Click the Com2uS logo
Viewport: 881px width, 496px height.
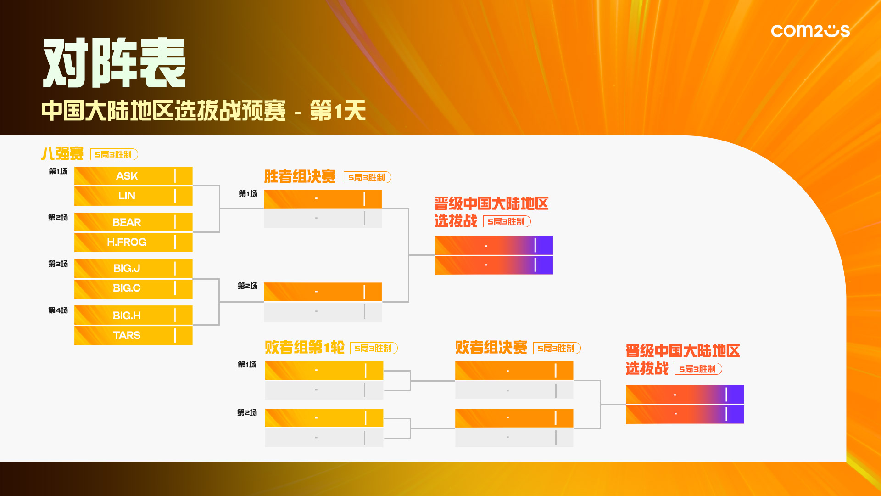click(810, 31)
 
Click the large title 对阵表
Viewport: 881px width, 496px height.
click(114, 63)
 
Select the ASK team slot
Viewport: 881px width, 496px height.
click(134, 176)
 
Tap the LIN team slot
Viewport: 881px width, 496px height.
click(134, 196)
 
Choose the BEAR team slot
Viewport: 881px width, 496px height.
click(134, 222)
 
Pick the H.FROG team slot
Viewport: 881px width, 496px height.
click(134, 242)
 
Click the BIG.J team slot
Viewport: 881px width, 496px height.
click(134, 269)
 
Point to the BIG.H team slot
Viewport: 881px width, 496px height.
click(134, 315)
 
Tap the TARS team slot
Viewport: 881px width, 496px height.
click(134, 335)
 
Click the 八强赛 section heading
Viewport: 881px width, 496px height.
click(62, 153)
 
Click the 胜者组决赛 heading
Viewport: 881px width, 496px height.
click(300, 176)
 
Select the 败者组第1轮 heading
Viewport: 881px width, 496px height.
click(305, 347)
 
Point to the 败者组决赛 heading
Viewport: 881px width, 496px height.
click(491, 347)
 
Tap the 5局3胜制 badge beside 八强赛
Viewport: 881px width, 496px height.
click(114, 154)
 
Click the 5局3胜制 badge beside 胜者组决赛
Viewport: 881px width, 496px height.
click(368, 177)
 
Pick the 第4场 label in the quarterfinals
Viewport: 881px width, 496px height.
click(58, 310)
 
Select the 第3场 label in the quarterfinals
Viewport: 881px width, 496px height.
click(58, 264)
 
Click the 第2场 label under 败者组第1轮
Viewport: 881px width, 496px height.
click(247, 413)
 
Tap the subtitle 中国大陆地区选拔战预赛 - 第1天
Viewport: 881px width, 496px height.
click(204, 111)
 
